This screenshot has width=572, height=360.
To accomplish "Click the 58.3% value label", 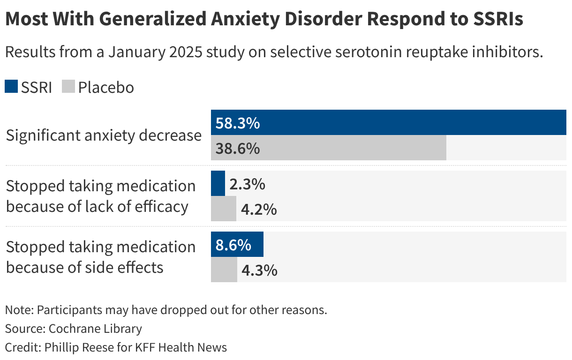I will pos(237,123).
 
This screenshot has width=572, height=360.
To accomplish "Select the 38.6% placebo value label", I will pos(237,149).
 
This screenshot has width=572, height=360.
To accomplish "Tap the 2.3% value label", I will pos(247,184).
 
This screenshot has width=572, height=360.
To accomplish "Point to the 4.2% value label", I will pos(258,210).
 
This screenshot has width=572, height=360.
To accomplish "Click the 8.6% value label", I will pos(233,245).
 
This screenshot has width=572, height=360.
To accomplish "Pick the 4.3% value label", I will pos(259,270).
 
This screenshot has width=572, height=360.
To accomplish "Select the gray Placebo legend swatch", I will pos(68,87).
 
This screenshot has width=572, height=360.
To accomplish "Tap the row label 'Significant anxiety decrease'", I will pos(104,135).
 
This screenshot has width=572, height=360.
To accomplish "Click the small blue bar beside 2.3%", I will pos(218,183).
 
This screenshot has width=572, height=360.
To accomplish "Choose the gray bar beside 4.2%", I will pos(224,209).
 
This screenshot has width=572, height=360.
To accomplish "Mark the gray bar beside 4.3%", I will pos(224,270).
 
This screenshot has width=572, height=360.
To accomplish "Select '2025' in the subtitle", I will pos(186,52).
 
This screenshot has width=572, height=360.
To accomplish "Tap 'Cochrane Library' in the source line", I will pos(95,329).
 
